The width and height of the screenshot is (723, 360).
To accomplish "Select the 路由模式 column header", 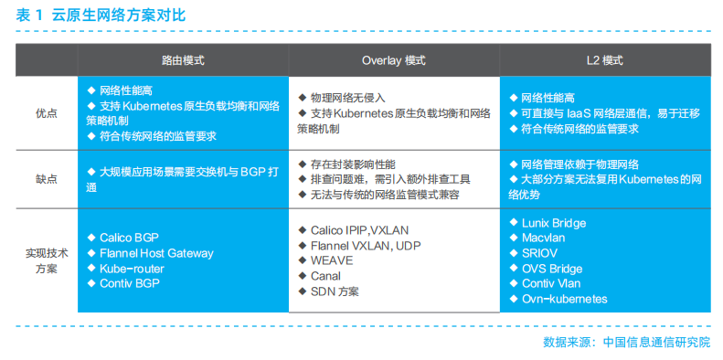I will (183, 60).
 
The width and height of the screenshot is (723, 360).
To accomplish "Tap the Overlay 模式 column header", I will (393, 60).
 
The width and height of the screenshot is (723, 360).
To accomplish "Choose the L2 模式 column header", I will (604, 60).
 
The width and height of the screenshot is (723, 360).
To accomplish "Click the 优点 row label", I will (46, 113).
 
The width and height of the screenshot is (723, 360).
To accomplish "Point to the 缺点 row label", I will (46, 178).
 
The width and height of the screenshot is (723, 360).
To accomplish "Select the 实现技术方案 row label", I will (46, 261).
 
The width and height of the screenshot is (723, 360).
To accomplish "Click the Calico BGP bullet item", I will (128, 238).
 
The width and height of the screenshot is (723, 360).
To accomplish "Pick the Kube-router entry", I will (132, 269).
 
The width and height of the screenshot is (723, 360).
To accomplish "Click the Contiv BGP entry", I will (130, 283).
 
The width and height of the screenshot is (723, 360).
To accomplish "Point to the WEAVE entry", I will (332, 260).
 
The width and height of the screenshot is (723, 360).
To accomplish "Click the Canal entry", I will (325, 276).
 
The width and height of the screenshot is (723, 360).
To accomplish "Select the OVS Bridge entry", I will (551, 269).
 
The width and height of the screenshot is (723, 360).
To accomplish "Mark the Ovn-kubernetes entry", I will (564, 299).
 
